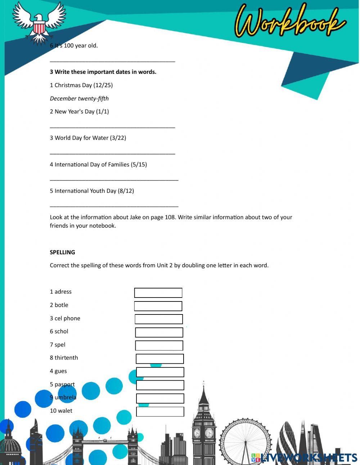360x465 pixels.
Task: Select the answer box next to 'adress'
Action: point(158,293)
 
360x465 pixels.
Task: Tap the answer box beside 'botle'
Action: point(158,306)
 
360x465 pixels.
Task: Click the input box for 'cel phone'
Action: point(159,319)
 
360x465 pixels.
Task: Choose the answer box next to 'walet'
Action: point(160,412)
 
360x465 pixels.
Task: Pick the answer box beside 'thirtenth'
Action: point(160,359)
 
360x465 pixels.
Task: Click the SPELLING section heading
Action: point(62,252)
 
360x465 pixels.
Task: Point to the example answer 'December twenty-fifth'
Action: point(79,98)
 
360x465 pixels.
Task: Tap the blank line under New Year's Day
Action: point(112,127)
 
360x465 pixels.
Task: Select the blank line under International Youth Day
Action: point(114,206)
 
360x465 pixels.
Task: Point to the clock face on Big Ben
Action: point(209,432)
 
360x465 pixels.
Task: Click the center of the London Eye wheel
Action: point(246,443)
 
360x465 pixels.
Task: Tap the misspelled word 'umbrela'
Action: point(65,397)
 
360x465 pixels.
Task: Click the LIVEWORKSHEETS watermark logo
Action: point(304,457)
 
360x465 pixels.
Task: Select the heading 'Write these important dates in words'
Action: point(103,72)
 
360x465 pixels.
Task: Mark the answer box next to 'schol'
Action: point(159,332)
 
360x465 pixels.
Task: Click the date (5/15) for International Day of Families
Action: point(139,165)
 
